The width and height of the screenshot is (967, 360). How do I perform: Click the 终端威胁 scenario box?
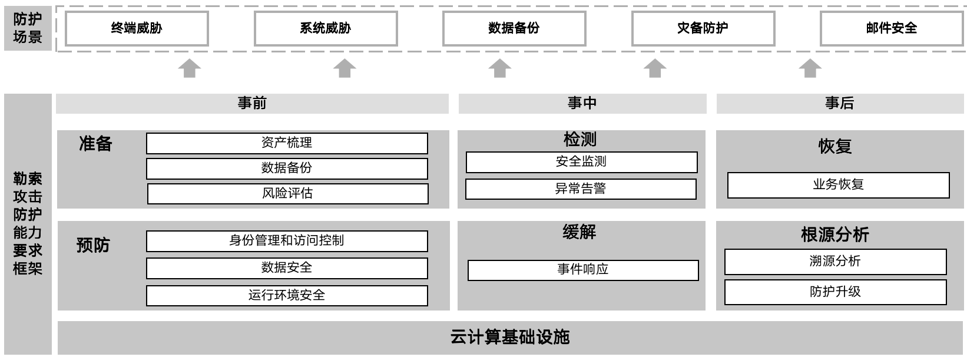[x=137, y=28]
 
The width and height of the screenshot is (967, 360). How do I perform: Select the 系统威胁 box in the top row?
[x=326, y=28]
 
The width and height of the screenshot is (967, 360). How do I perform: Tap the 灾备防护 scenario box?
[x=703, y=28]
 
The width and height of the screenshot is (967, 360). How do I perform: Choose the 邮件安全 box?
[x=891, y=28]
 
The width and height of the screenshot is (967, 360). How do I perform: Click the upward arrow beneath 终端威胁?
[x=190, y=68]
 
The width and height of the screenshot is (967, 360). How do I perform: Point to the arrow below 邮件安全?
[x=810, y=68]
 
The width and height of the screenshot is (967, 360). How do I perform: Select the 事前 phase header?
[x=252, y=104]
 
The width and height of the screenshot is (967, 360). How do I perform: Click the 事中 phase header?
[x=582, y=104]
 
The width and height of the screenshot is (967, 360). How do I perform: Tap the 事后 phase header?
[x=840, y=104]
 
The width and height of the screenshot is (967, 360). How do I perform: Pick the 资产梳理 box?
[x=287, y=143]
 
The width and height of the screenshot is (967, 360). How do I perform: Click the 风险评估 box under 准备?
[x=287, y=194]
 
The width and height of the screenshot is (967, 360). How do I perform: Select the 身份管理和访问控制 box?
[x=287, y=241]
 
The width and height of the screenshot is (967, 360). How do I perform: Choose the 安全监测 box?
[x=581, y=162]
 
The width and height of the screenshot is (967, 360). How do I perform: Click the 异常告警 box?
[x=581, y=189]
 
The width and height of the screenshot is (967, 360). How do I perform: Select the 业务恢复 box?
[x=838, y=185]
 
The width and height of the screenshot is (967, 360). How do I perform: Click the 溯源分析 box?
[x=835, y=262]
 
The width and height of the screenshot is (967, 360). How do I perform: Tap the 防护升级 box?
[x=835, y=292]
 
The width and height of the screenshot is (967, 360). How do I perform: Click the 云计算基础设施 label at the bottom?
[x=510, y=338]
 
